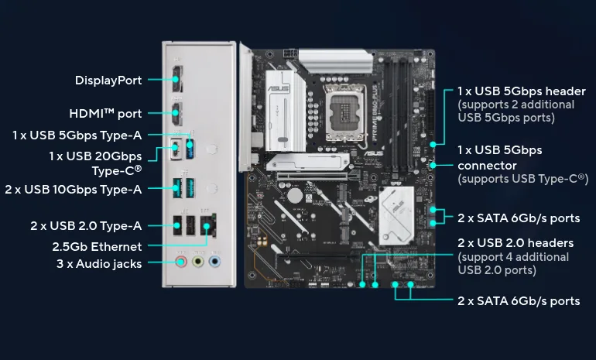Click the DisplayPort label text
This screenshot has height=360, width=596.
(x=108, y=81)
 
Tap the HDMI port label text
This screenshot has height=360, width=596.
(x=105, y=113)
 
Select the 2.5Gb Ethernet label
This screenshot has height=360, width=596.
(x=97, y=247)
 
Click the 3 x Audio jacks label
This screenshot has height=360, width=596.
(x=99, y=264)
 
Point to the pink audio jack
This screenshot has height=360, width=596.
(x=181, y=262)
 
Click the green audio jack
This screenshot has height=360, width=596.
(x=197, y=262)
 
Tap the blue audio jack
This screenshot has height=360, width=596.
(x=214, y=262)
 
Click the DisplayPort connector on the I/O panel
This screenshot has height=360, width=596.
(x=177, y=79)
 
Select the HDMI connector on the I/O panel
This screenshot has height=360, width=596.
(x=176, y=113)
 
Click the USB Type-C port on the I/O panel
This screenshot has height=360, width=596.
(x=176, y=149)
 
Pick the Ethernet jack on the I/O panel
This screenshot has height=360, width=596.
(x=208, y=225)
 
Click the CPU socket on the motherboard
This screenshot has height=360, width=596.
(x=345, y=112)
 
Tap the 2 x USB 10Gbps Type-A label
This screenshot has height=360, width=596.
(x=74, y=190)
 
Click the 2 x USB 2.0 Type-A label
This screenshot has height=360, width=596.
(x=86, y=226)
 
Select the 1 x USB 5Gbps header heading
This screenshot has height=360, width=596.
(x=522, y=91)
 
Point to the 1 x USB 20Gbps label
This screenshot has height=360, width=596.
(x=95, y=156)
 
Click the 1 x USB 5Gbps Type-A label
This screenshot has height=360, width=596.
(x=77, y=135)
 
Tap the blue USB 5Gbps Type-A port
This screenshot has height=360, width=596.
(x=190, y=149)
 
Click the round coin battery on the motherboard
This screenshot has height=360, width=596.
(x=295, y=196)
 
